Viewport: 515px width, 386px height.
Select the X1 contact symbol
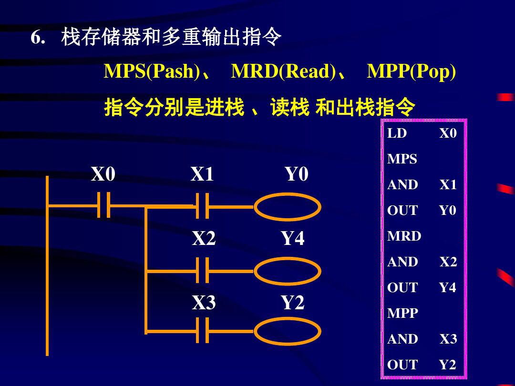point(203,206)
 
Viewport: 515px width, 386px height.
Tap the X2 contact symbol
point(203,271)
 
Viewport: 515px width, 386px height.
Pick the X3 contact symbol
point(203,330)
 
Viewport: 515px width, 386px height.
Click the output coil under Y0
point(287,207)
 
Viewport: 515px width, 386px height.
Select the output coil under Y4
point(287,271)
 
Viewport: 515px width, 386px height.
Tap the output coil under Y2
point(287,331)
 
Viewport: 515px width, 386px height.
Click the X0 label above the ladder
point(103,175)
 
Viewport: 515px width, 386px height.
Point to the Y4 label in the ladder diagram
point(292,238)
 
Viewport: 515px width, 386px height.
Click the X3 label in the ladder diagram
point(204,303)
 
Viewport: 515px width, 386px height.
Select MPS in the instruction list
point(402,159)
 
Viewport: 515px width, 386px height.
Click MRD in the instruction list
point(404,236)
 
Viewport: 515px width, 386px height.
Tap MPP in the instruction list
point(402,314)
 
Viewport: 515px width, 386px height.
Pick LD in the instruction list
point(397,133)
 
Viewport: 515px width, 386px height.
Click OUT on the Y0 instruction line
point(402,211)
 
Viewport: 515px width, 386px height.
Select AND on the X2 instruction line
point(402,262)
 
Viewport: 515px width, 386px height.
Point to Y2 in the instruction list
point(447,365)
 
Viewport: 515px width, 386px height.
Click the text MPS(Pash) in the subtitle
point(152,71)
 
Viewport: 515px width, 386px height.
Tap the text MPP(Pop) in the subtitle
point(411,71)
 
